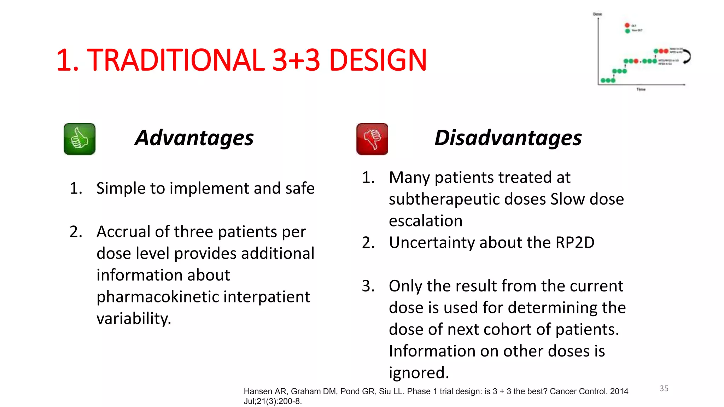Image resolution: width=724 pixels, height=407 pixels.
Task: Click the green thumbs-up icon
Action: click(x=79, y=139)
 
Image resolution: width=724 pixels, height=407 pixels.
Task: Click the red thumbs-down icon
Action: click(x=372, y=139)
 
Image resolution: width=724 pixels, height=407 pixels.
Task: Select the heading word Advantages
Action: click(x=194, y=138)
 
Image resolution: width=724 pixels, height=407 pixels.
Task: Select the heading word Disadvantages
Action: click(x=508, y=138)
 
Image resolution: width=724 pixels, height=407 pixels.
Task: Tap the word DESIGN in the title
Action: click(x=378, y=60)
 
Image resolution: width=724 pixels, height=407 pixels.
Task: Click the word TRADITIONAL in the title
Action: click(x=175, y=60)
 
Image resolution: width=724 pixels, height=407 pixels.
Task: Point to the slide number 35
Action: click(x=664, y=388)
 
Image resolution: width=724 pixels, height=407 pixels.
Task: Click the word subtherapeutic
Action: click(x=467, y=199)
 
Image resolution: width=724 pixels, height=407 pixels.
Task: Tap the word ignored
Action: click(x=419, y=373)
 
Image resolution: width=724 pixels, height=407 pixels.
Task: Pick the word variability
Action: click(x=134, y=319)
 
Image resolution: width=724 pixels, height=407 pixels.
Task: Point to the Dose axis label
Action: click(x=597, y=14)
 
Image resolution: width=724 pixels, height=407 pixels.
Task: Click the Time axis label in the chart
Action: click(x=641, y=89)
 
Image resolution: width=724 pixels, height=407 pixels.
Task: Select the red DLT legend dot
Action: click(x=627, y=25)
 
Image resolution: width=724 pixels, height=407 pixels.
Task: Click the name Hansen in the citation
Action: click(x=258, y=391)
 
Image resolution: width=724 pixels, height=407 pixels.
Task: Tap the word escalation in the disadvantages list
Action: click(x=426, y=221)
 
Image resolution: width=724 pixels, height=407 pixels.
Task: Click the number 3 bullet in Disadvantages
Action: click(x=368, y=286)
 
